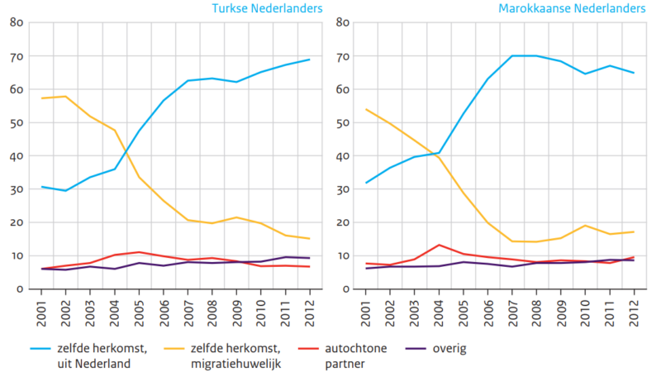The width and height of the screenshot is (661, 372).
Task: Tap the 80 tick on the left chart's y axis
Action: pos(15,22)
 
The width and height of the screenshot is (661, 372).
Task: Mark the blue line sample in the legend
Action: pos(45,349)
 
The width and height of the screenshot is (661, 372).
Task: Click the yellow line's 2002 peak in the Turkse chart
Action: pos(64,97)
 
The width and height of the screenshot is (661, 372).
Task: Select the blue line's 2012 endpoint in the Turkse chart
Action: pos(308,60)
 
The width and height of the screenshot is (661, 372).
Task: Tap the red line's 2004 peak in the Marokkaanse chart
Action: pos(440,245)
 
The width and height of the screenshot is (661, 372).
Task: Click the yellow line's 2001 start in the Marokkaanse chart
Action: pos(366,109)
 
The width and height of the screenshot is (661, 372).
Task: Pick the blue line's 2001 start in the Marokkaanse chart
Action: pos(366,183)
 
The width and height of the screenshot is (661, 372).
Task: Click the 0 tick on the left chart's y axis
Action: pos(18,289)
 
